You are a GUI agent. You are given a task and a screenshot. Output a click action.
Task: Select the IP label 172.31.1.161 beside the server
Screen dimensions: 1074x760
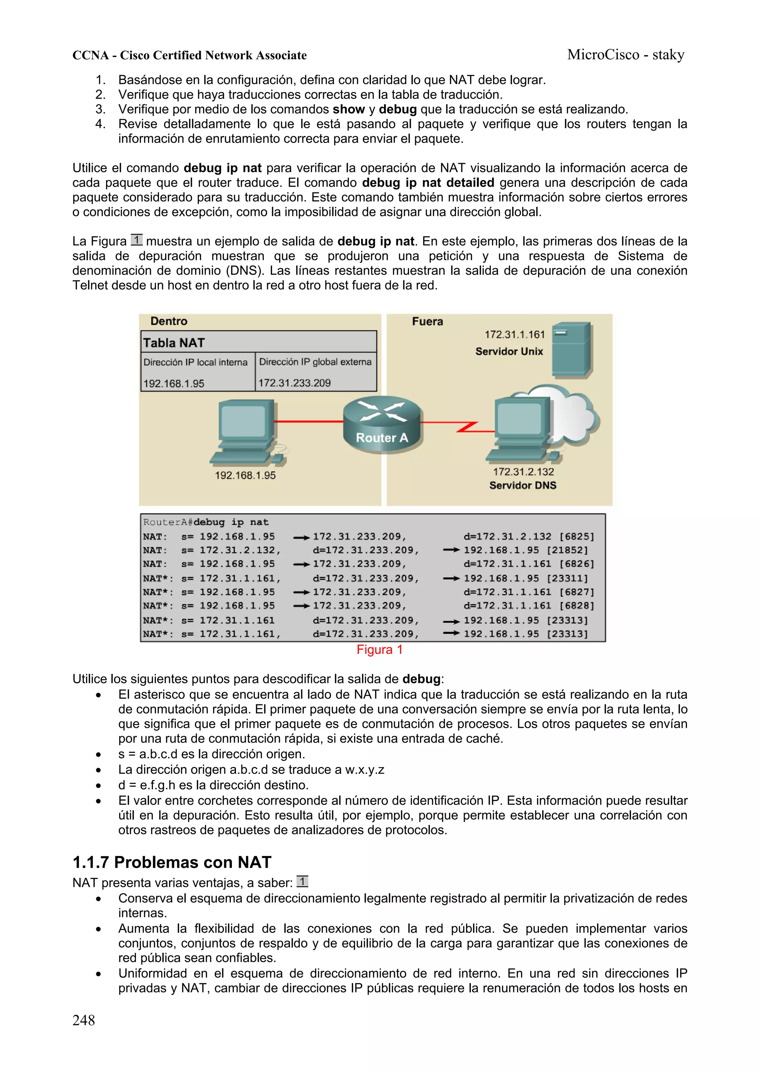514,334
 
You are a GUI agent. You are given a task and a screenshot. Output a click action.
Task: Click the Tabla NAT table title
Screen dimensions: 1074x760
174,343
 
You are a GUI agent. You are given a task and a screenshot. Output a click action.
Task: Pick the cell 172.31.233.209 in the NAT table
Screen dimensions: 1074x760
295,383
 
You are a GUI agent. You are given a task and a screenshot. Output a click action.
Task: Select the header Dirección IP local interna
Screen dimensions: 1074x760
195,362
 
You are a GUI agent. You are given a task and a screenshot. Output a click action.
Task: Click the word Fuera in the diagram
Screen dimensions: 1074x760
427,321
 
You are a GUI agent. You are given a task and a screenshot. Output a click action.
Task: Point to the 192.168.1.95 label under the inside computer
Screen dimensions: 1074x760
245,475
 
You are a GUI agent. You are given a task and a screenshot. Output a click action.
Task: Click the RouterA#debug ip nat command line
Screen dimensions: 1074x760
206,522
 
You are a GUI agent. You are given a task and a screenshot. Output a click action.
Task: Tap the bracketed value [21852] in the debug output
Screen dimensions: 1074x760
567,550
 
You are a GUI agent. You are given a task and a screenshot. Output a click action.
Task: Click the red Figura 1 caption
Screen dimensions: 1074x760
379,650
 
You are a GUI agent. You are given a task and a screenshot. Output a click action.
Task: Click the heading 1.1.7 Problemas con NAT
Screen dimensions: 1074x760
172,862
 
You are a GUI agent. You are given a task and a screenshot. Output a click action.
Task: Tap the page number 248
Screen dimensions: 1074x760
83,1020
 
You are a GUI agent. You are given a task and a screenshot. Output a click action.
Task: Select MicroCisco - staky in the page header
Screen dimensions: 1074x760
626,55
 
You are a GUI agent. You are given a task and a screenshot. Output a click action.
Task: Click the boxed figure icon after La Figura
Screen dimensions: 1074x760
136,240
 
